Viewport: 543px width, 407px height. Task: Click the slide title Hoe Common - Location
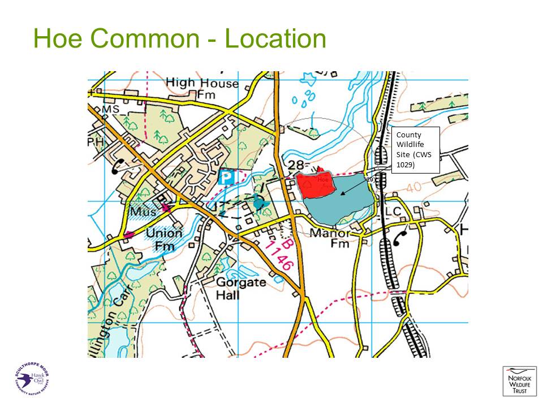pyautogui.click(x=179, y=40)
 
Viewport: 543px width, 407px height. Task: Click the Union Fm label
pyautogui.click(x=164, y=239)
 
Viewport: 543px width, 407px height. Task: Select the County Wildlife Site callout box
pyautogui.click(x=416, y=150)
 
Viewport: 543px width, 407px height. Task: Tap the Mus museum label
pyautogui.click(x=142, y=212)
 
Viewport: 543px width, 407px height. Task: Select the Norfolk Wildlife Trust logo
pyautogui.click(x=518, y=381)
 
